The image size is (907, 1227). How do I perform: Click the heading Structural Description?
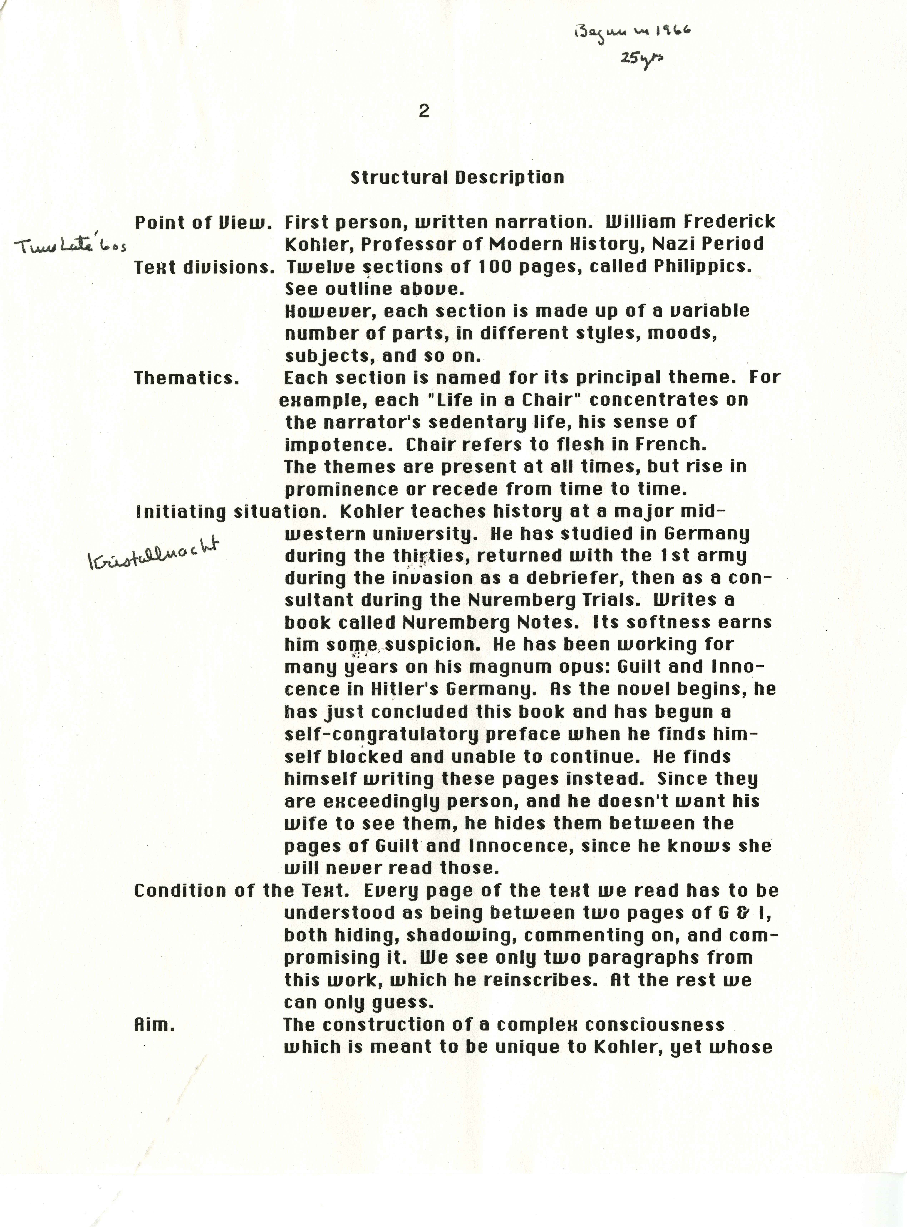point(457,177)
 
